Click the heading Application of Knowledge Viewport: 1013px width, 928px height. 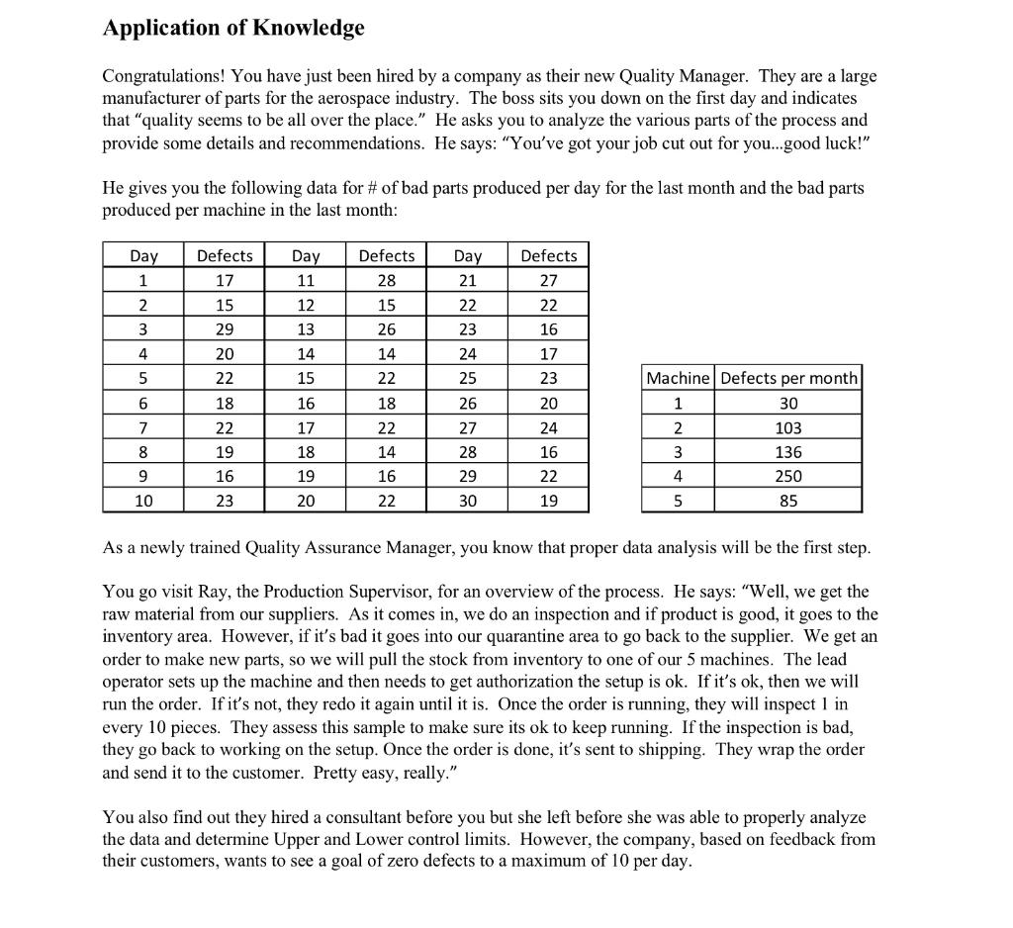(x=233, y=28)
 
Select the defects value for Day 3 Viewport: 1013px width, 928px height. (x=225, y=328)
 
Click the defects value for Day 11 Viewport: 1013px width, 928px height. (x=387, y=280)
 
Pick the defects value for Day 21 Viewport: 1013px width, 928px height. (x=549, y=280)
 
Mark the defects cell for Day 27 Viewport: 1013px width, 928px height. (x=549, y=427)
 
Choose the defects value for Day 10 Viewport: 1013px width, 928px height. (x=225, y=501)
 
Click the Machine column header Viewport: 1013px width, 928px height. (x=678, y=378)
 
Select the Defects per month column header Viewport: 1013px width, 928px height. (x=789, y=378)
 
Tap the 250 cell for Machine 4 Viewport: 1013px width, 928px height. (x=789, y=476)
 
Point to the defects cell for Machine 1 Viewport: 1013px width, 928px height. (x=789, y=403)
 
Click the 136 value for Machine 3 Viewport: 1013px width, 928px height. (x=789, y=452)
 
